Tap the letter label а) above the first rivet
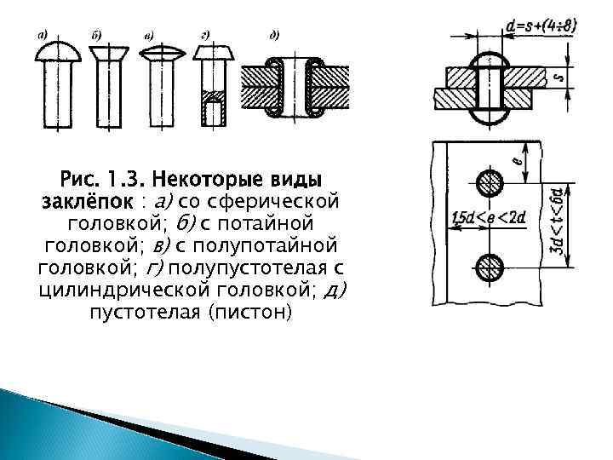[41, 34]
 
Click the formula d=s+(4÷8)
[540, 27]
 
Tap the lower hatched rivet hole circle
[488, 267]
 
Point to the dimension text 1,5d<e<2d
[489, 217]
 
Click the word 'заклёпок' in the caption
[88, 203]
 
